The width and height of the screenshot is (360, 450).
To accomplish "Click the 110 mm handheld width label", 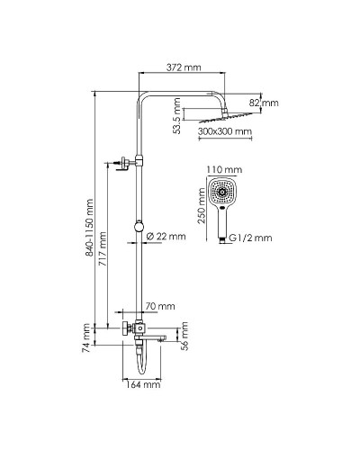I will (225, 169).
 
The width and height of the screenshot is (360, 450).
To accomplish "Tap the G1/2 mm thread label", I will (249, 238).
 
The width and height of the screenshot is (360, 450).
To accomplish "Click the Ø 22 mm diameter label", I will (166, 236).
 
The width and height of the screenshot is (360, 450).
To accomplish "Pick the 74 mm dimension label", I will (87, 333).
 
